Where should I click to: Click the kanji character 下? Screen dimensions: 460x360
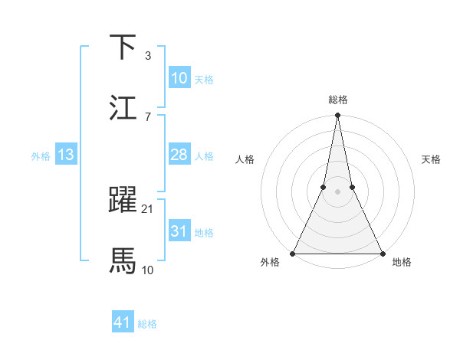coord(123,47)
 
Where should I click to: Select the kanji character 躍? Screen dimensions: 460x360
coord(123,201)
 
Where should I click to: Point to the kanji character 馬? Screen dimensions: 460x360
coord(123,260)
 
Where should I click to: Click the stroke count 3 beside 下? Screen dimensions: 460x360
coord(147,56)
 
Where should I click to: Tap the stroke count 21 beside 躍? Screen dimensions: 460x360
coord(149,208)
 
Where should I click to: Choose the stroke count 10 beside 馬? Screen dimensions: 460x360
coord(149,269)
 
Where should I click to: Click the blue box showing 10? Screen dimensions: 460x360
coord(179,78)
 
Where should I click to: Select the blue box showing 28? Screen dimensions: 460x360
coord(179,155)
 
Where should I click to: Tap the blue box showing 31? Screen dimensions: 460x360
coord(179,231)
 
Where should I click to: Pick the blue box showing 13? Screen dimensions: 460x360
coord(65,155)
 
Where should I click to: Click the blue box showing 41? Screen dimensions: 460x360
coord(123,322)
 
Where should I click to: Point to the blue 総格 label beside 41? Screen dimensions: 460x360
coord(147,324)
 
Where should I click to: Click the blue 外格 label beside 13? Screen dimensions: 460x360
coord(41,156)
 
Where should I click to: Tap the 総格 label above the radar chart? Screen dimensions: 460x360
coord(337,100)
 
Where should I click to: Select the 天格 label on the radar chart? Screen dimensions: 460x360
coord(431,159)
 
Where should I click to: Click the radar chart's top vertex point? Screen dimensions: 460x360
coord(337,116)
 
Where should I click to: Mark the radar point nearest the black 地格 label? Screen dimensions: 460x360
coord(382,254)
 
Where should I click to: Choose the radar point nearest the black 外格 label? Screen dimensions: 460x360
coord(293,254)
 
